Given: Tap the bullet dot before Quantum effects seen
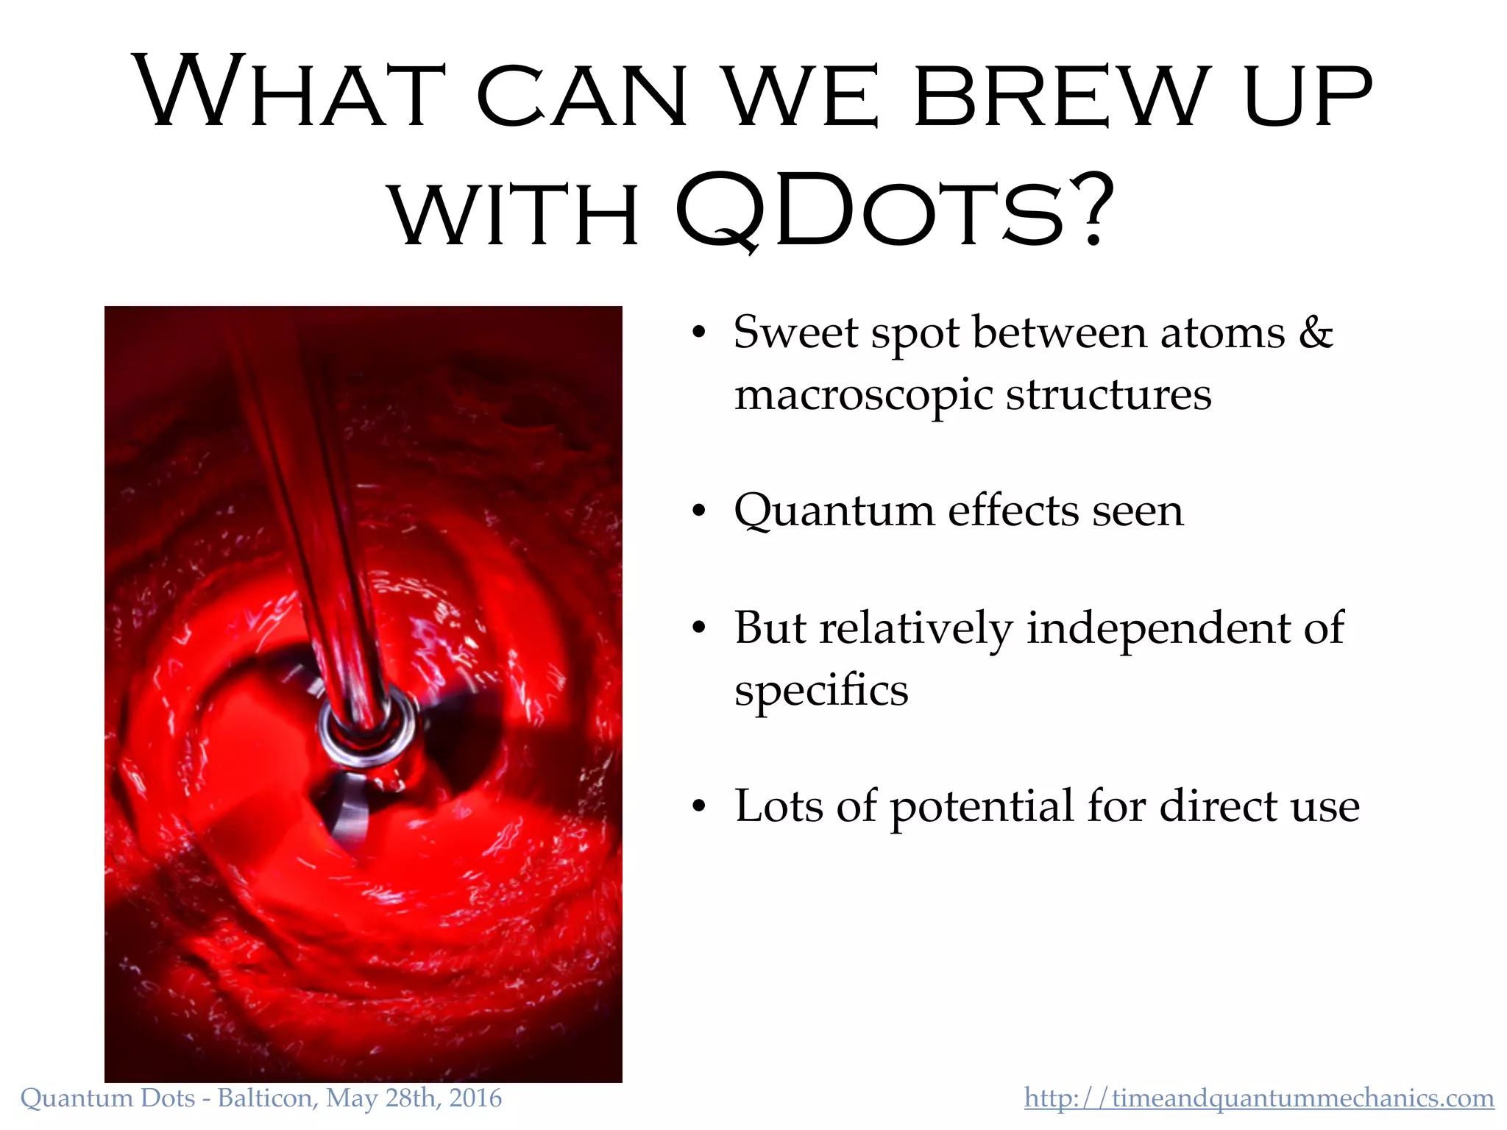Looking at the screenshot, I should click(x=698, y=511).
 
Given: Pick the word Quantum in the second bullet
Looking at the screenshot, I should click(x=834, y=511).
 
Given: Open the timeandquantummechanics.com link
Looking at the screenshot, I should click(x=1258, y=1098).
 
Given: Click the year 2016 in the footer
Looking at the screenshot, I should click(x=475, y=1098).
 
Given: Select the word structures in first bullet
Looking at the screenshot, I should click(x=1108, y=396).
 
